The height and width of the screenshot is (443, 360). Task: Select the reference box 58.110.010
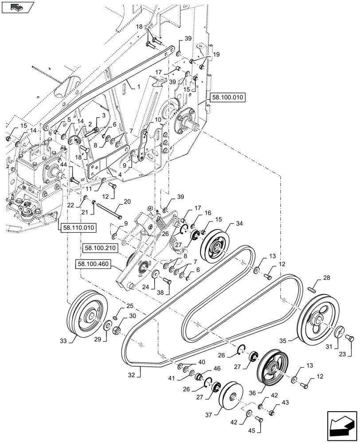click(x=78, y=227)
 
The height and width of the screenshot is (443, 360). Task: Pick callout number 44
click(x=64, y=164)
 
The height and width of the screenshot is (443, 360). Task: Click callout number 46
click(x=217, y=369)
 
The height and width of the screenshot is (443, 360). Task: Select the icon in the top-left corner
click(x=18, y=7)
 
